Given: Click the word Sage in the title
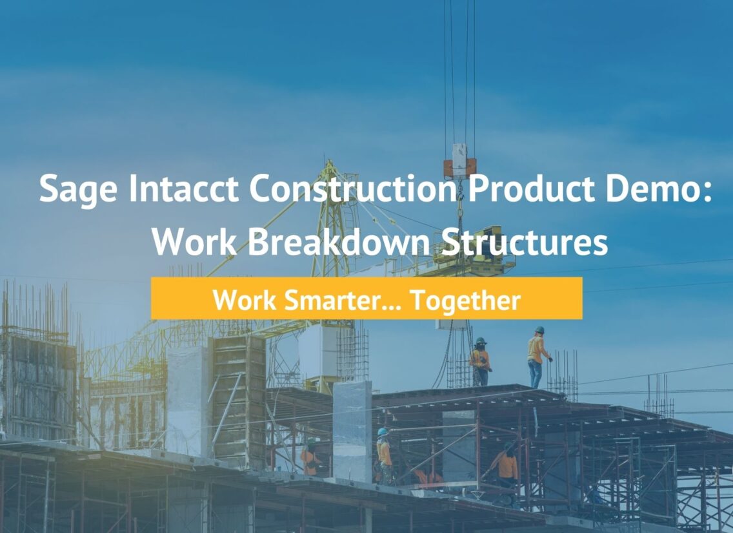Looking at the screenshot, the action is (78, 189).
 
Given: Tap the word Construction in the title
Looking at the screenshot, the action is (353, 187).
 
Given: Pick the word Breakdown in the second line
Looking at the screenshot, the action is (339, 242).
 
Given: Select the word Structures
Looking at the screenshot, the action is (525, 242).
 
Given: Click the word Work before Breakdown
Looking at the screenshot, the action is (194, 242).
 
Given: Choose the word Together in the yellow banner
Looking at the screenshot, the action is (465, 301).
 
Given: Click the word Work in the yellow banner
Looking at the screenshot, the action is (245, 300).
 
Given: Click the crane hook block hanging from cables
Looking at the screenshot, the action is (460, 162).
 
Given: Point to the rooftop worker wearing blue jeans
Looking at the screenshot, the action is (537, 357).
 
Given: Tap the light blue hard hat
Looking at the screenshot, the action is (383, 432).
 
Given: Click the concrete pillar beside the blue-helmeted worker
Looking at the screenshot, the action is (352, 432).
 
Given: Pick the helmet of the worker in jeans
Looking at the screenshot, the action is (540, 330).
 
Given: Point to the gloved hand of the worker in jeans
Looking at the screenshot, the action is (550, 359).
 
